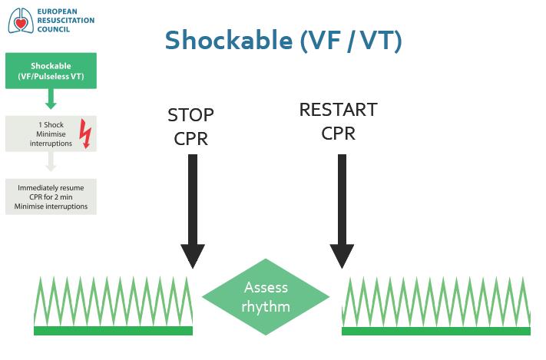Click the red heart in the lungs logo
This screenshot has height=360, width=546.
click(22, 24)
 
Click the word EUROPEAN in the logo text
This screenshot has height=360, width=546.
click(57, 12)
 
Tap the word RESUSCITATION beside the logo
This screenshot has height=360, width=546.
click(66, 21)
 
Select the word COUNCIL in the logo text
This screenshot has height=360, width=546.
click(54, 30)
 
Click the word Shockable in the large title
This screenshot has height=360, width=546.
click(229, 40)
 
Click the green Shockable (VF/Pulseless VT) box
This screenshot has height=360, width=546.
click(51, 71)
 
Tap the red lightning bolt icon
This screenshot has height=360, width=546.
click(85, 134)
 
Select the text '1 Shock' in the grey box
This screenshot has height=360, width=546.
click(51, 124)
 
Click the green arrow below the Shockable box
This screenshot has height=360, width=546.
click(51, 98)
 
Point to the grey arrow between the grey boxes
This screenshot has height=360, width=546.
click(51, 161)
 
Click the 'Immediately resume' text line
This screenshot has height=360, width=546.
click(51, 187)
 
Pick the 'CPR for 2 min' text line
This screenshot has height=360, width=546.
click(51, 197)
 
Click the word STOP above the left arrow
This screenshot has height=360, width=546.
click(190, 115)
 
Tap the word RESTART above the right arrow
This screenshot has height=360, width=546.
click(339, 110)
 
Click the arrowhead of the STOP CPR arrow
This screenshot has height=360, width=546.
click(193, 256)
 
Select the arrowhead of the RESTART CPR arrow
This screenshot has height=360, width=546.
click(342, 256)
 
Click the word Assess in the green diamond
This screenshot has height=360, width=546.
click(266, 288)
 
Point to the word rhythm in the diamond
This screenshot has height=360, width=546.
click(266, 307)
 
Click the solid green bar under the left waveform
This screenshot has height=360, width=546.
click(113, 331)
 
